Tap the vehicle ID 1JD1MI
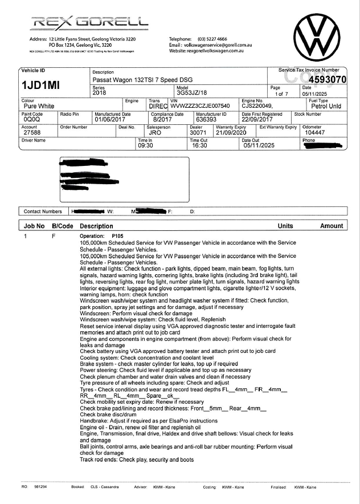pyautogui.click(x=40, y=86)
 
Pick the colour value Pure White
pyautogui.click(x=39, y=106)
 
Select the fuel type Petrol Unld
pyautogui.click(x=326, y=106)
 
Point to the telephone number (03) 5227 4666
pyautogui.click(x=212, y=39)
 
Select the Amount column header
pyautogui.click(x=332, y=226)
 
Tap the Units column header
pyautogui.click(x=285, y=226)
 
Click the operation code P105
pyautogui.click(x=118, y=235)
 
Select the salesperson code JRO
pyautogui.click(x=155, y=132)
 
